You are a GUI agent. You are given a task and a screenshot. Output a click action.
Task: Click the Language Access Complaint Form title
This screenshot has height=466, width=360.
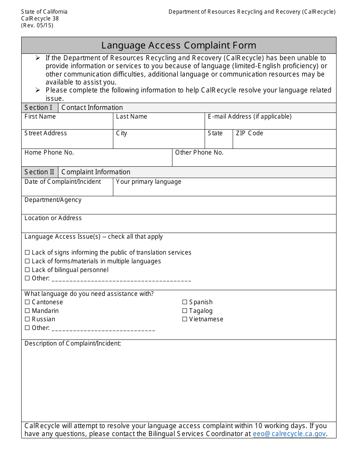tap(178, 45)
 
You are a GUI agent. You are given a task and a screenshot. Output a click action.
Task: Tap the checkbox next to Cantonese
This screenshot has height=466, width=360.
tap(27, 302)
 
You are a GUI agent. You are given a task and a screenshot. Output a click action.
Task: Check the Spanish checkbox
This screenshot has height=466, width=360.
tap(185, 302)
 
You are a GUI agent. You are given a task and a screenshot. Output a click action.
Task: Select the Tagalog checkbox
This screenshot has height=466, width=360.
tap(185, 311)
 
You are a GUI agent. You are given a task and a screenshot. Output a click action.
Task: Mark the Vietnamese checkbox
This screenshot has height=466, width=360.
tap(185, 319)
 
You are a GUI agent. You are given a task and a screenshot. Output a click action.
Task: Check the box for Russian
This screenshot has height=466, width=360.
tap(27, 319)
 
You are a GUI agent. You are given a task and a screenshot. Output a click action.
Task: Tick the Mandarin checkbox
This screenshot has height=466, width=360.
tap(27, 311)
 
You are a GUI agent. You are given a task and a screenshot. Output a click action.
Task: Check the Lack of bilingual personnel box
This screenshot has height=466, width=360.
tap(27, 270)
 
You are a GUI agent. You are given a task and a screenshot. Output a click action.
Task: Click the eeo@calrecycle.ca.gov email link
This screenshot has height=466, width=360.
tap(289, 434)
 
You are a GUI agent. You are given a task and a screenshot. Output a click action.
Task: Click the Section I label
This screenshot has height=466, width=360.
tap(38, 108)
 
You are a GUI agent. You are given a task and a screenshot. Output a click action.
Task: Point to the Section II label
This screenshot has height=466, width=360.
tap(39, 172)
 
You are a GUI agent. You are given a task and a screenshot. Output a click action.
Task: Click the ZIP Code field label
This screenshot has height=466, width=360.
tap(249, 133)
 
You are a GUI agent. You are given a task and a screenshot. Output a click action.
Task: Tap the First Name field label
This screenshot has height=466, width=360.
tap(40, 117)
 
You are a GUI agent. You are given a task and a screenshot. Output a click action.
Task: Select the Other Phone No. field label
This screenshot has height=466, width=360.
tap(199, 153)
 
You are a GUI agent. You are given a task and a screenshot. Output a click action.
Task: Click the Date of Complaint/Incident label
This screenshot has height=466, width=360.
tap(63, 182)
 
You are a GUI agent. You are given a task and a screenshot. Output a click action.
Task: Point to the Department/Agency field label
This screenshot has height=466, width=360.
tap(53, 200)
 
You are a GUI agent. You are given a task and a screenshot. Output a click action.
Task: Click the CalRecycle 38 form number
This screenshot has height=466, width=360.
tap(40, 19)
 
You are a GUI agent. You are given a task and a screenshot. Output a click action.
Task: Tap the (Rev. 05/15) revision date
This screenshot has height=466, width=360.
tap(37, 25)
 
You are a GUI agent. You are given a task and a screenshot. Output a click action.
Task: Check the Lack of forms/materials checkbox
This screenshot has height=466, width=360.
tap(27, 261)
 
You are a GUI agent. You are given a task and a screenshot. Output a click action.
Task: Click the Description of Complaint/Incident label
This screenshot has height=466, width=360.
tap(73, 344)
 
